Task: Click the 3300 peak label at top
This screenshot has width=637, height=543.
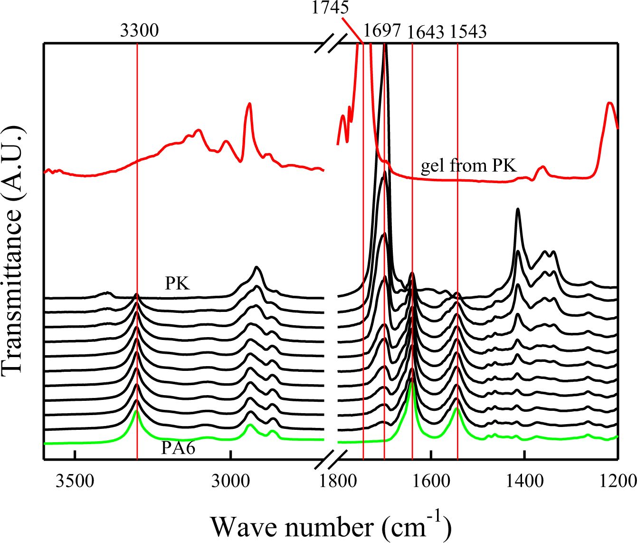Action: tap(139, 31)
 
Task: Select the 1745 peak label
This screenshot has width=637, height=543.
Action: tap(330, 7)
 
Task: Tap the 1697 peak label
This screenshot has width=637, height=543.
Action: tap(382, 31)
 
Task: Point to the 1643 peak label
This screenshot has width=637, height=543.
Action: tap(426, 32)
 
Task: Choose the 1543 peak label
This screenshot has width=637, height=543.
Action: tap(468, 31)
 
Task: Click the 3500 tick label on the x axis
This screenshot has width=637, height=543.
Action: tap(75, 481)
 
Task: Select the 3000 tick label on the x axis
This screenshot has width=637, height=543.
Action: tap(230, 481)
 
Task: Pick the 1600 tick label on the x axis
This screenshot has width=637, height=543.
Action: tap(430, 481)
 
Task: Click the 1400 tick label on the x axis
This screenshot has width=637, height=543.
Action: tap(524, 481)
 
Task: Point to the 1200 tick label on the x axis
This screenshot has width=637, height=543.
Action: tap(618, 481)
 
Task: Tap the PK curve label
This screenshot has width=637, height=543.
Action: tap(177, 284)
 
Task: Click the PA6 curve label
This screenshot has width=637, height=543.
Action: tap(178, 448)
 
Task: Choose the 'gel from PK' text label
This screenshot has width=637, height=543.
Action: tap(468, 165)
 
